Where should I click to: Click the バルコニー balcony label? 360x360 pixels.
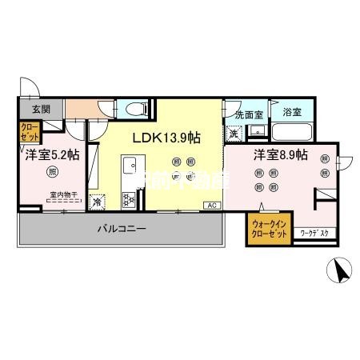pos(121,229)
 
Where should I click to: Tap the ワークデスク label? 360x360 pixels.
pos(319,233)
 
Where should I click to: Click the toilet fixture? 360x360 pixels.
pos(134,108)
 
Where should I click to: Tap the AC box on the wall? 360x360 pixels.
pos(212,206)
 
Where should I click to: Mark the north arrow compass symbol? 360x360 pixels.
pos(342,271)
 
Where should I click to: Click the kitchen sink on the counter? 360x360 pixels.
pos(128,166)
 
